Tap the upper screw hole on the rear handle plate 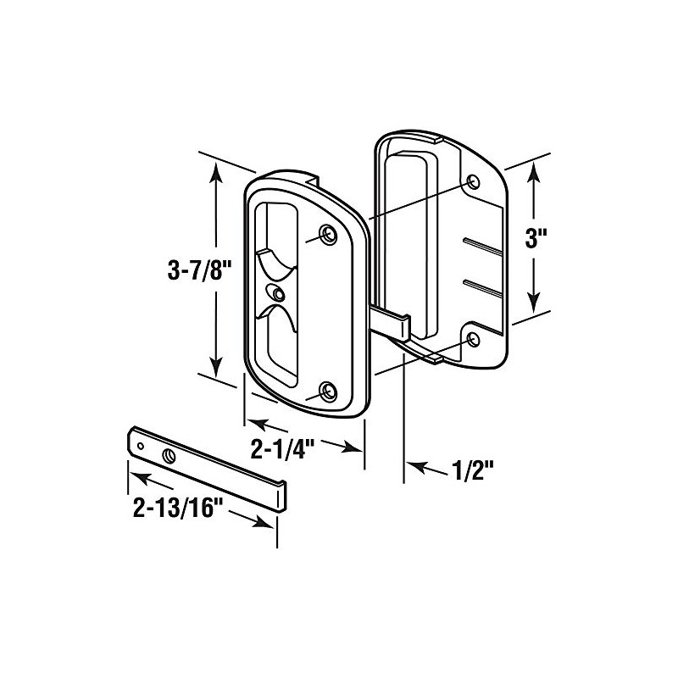pyautogui.click(x=473, y=182)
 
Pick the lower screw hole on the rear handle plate pyautogui.click(x=473, y=340)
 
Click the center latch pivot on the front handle pyautogui.click(x=277, y=292)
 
